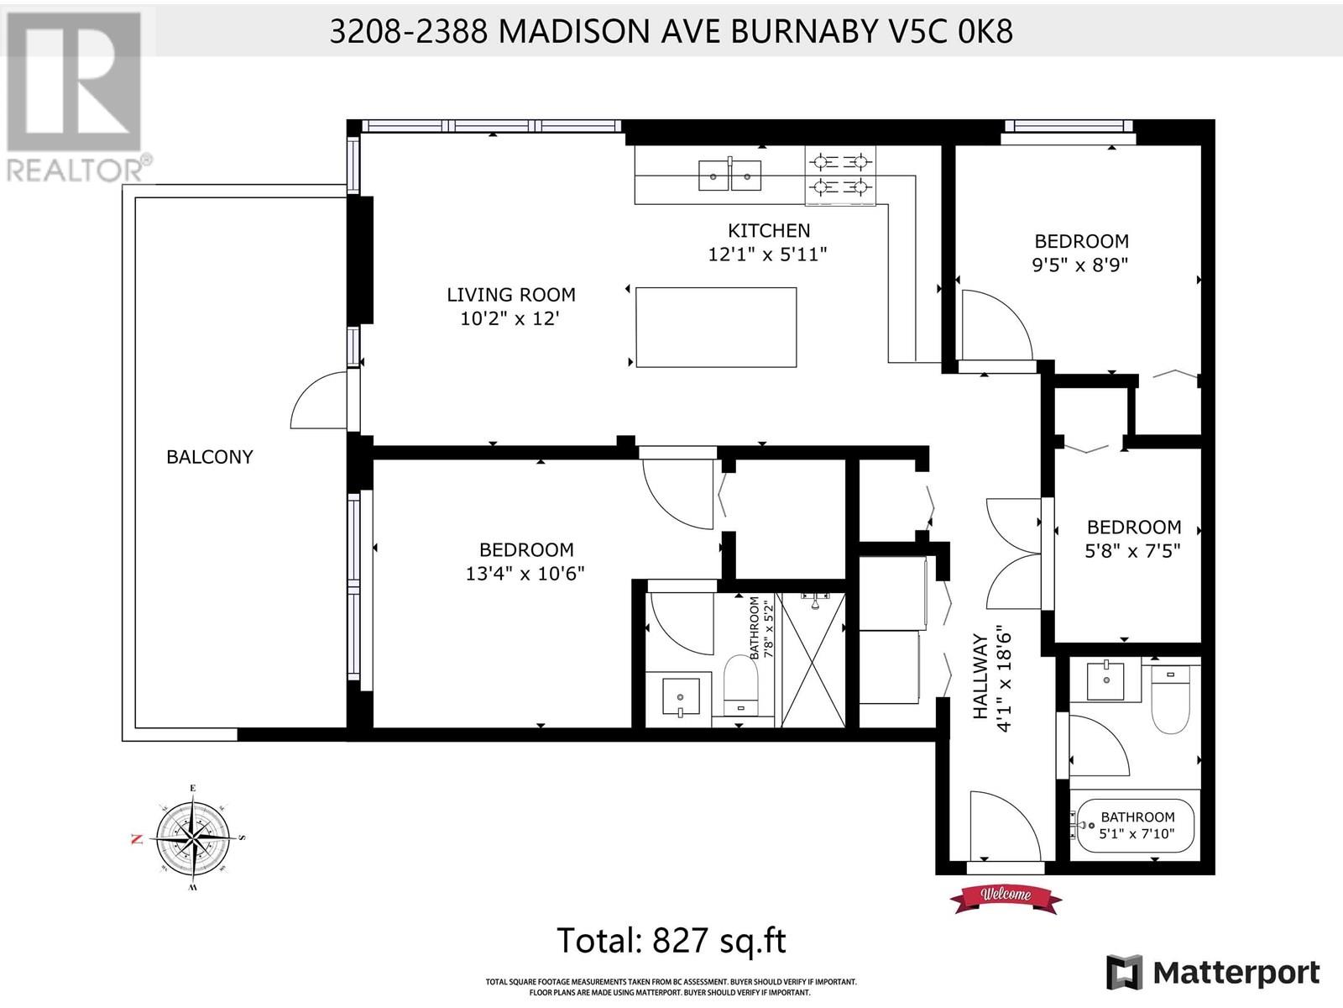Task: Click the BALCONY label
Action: tap(210, 457)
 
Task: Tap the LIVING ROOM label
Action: tap(511, 295)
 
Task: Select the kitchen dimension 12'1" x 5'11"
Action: tap(767, 254)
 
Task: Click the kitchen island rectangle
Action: tap(716, 328)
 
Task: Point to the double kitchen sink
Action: tap(730, 175)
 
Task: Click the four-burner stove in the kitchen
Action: tap(840, 175)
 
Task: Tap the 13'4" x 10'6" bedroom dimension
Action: tap(525, 574)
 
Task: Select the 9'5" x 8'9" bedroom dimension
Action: tap(1080, 265)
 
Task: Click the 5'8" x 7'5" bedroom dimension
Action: tap(1132, 551)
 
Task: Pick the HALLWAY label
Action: tap(980, 676)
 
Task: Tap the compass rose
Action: tap(193, 836)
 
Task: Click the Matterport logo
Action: tap(1213, 973)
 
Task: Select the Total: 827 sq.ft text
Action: tap(671, 940)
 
